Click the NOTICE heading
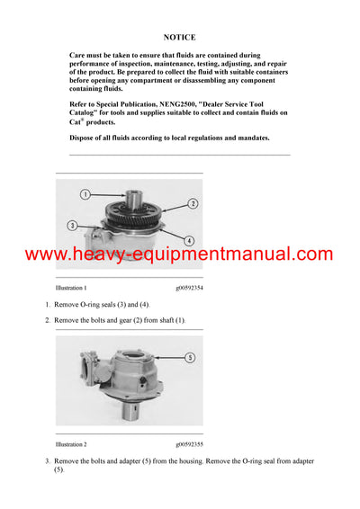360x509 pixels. [x=180, y=39]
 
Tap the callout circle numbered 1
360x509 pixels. [x=84, y=194]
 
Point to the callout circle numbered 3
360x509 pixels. [x=71, y=224]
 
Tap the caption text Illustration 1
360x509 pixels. [x=71, y=288]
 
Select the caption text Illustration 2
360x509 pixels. [x=71, y=444]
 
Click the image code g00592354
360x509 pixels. [x=190, y=288]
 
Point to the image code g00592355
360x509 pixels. [x=190, y=444]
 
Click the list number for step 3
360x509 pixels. [x=48, y=461]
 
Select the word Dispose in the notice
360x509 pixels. [x=83, y=138]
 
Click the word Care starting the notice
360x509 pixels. [x=78, y=56]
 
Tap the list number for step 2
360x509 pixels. [x=48, y=321]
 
